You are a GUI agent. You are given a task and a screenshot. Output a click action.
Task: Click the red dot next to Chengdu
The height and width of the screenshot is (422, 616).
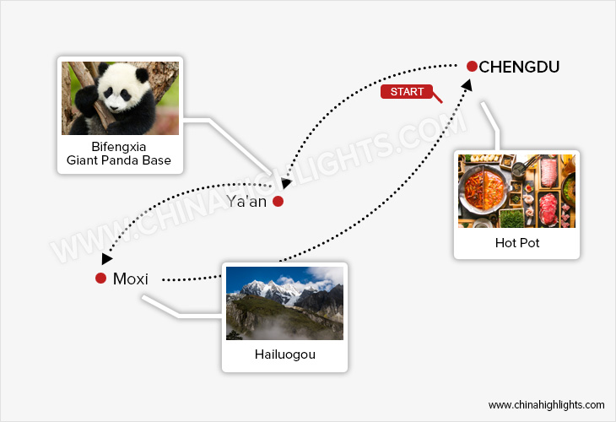472,66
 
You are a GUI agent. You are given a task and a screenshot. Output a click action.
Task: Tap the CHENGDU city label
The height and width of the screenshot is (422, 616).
519,67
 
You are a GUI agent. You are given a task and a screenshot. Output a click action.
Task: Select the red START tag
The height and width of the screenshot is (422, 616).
407,91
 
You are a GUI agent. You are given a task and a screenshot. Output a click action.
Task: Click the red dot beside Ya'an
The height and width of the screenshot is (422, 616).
278,202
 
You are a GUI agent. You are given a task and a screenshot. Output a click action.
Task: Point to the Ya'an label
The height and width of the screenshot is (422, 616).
246,202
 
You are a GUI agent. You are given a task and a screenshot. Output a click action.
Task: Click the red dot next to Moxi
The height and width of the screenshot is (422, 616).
100,279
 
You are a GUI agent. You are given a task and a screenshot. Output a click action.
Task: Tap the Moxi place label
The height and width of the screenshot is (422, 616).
130,279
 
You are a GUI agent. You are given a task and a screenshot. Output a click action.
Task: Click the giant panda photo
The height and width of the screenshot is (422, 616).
120,98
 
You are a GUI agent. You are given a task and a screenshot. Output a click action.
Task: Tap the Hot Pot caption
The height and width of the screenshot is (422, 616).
517,243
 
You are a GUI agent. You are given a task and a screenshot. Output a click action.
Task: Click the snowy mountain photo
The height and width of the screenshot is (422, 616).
284,303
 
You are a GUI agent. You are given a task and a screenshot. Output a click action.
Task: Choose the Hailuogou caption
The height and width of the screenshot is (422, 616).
284,354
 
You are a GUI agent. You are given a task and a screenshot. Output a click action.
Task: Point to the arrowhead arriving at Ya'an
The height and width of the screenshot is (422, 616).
286,182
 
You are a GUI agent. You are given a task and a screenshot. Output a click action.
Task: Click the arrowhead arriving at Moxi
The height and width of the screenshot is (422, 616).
107,259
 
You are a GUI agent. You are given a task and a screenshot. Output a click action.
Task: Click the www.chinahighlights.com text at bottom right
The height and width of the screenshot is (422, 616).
546,405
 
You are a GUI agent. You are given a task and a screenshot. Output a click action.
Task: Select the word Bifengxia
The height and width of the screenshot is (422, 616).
119,147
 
